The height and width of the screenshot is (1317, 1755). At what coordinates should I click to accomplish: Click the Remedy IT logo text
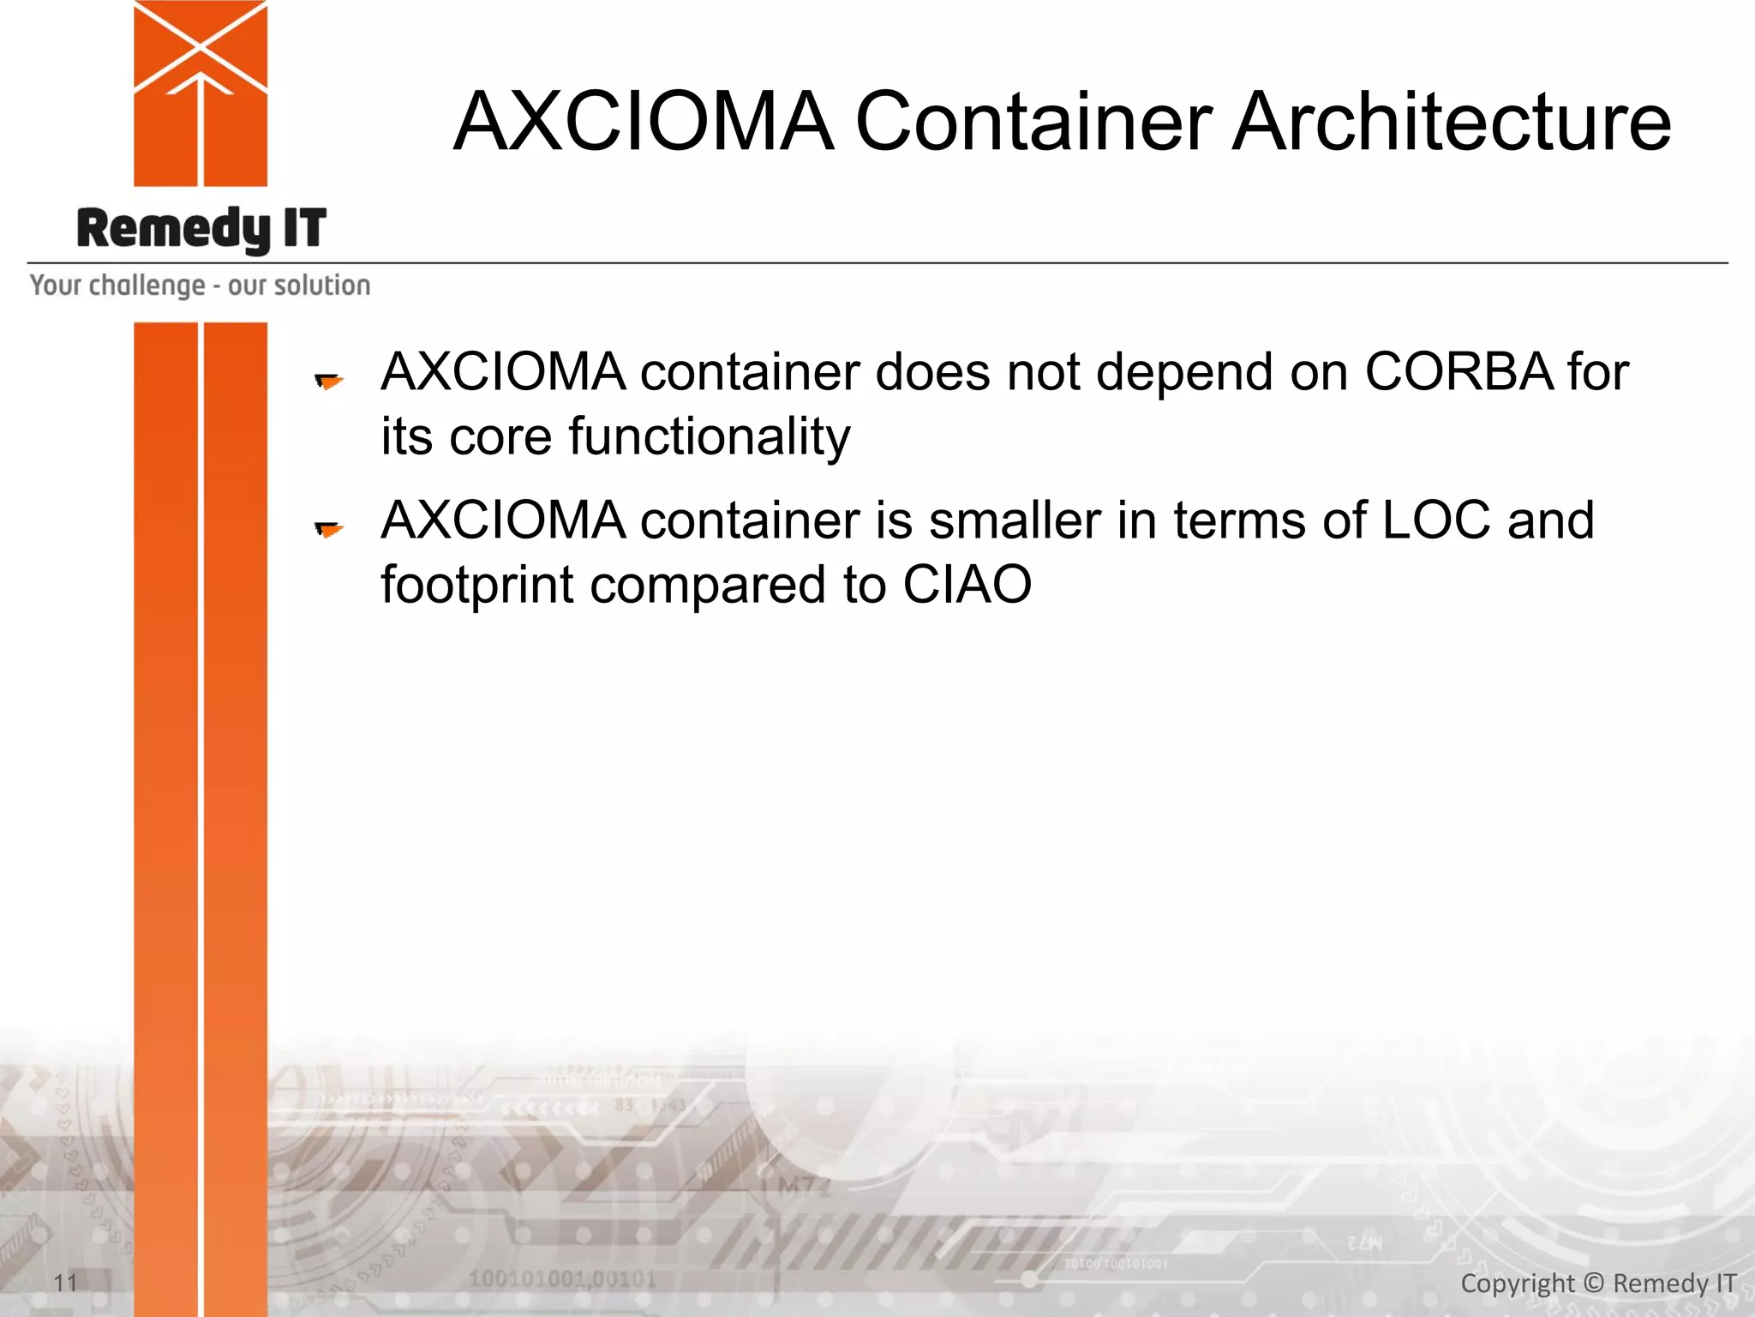click(201, 229)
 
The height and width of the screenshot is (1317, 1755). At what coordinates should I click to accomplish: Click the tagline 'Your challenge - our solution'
click(201, 286)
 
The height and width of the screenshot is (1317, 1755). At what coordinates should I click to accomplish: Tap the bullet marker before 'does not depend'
click(328, 380)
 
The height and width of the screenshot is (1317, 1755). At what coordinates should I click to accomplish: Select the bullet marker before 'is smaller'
click(328, 529)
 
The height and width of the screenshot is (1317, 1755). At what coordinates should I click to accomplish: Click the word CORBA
click(1459, 372)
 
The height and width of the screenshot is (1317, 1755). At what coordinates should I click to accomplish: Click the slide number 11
click(65, 1283)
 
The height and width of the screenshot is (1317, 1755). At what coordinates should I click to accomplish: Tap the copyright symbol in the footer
click(1593, 1283)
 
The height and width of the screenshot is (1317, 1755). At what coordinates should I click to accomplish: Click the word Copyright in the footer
click(1517, 1284)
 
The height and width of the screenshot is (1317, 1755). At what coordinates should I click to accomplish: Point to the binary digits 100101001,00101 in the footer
click(562, 1278)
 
